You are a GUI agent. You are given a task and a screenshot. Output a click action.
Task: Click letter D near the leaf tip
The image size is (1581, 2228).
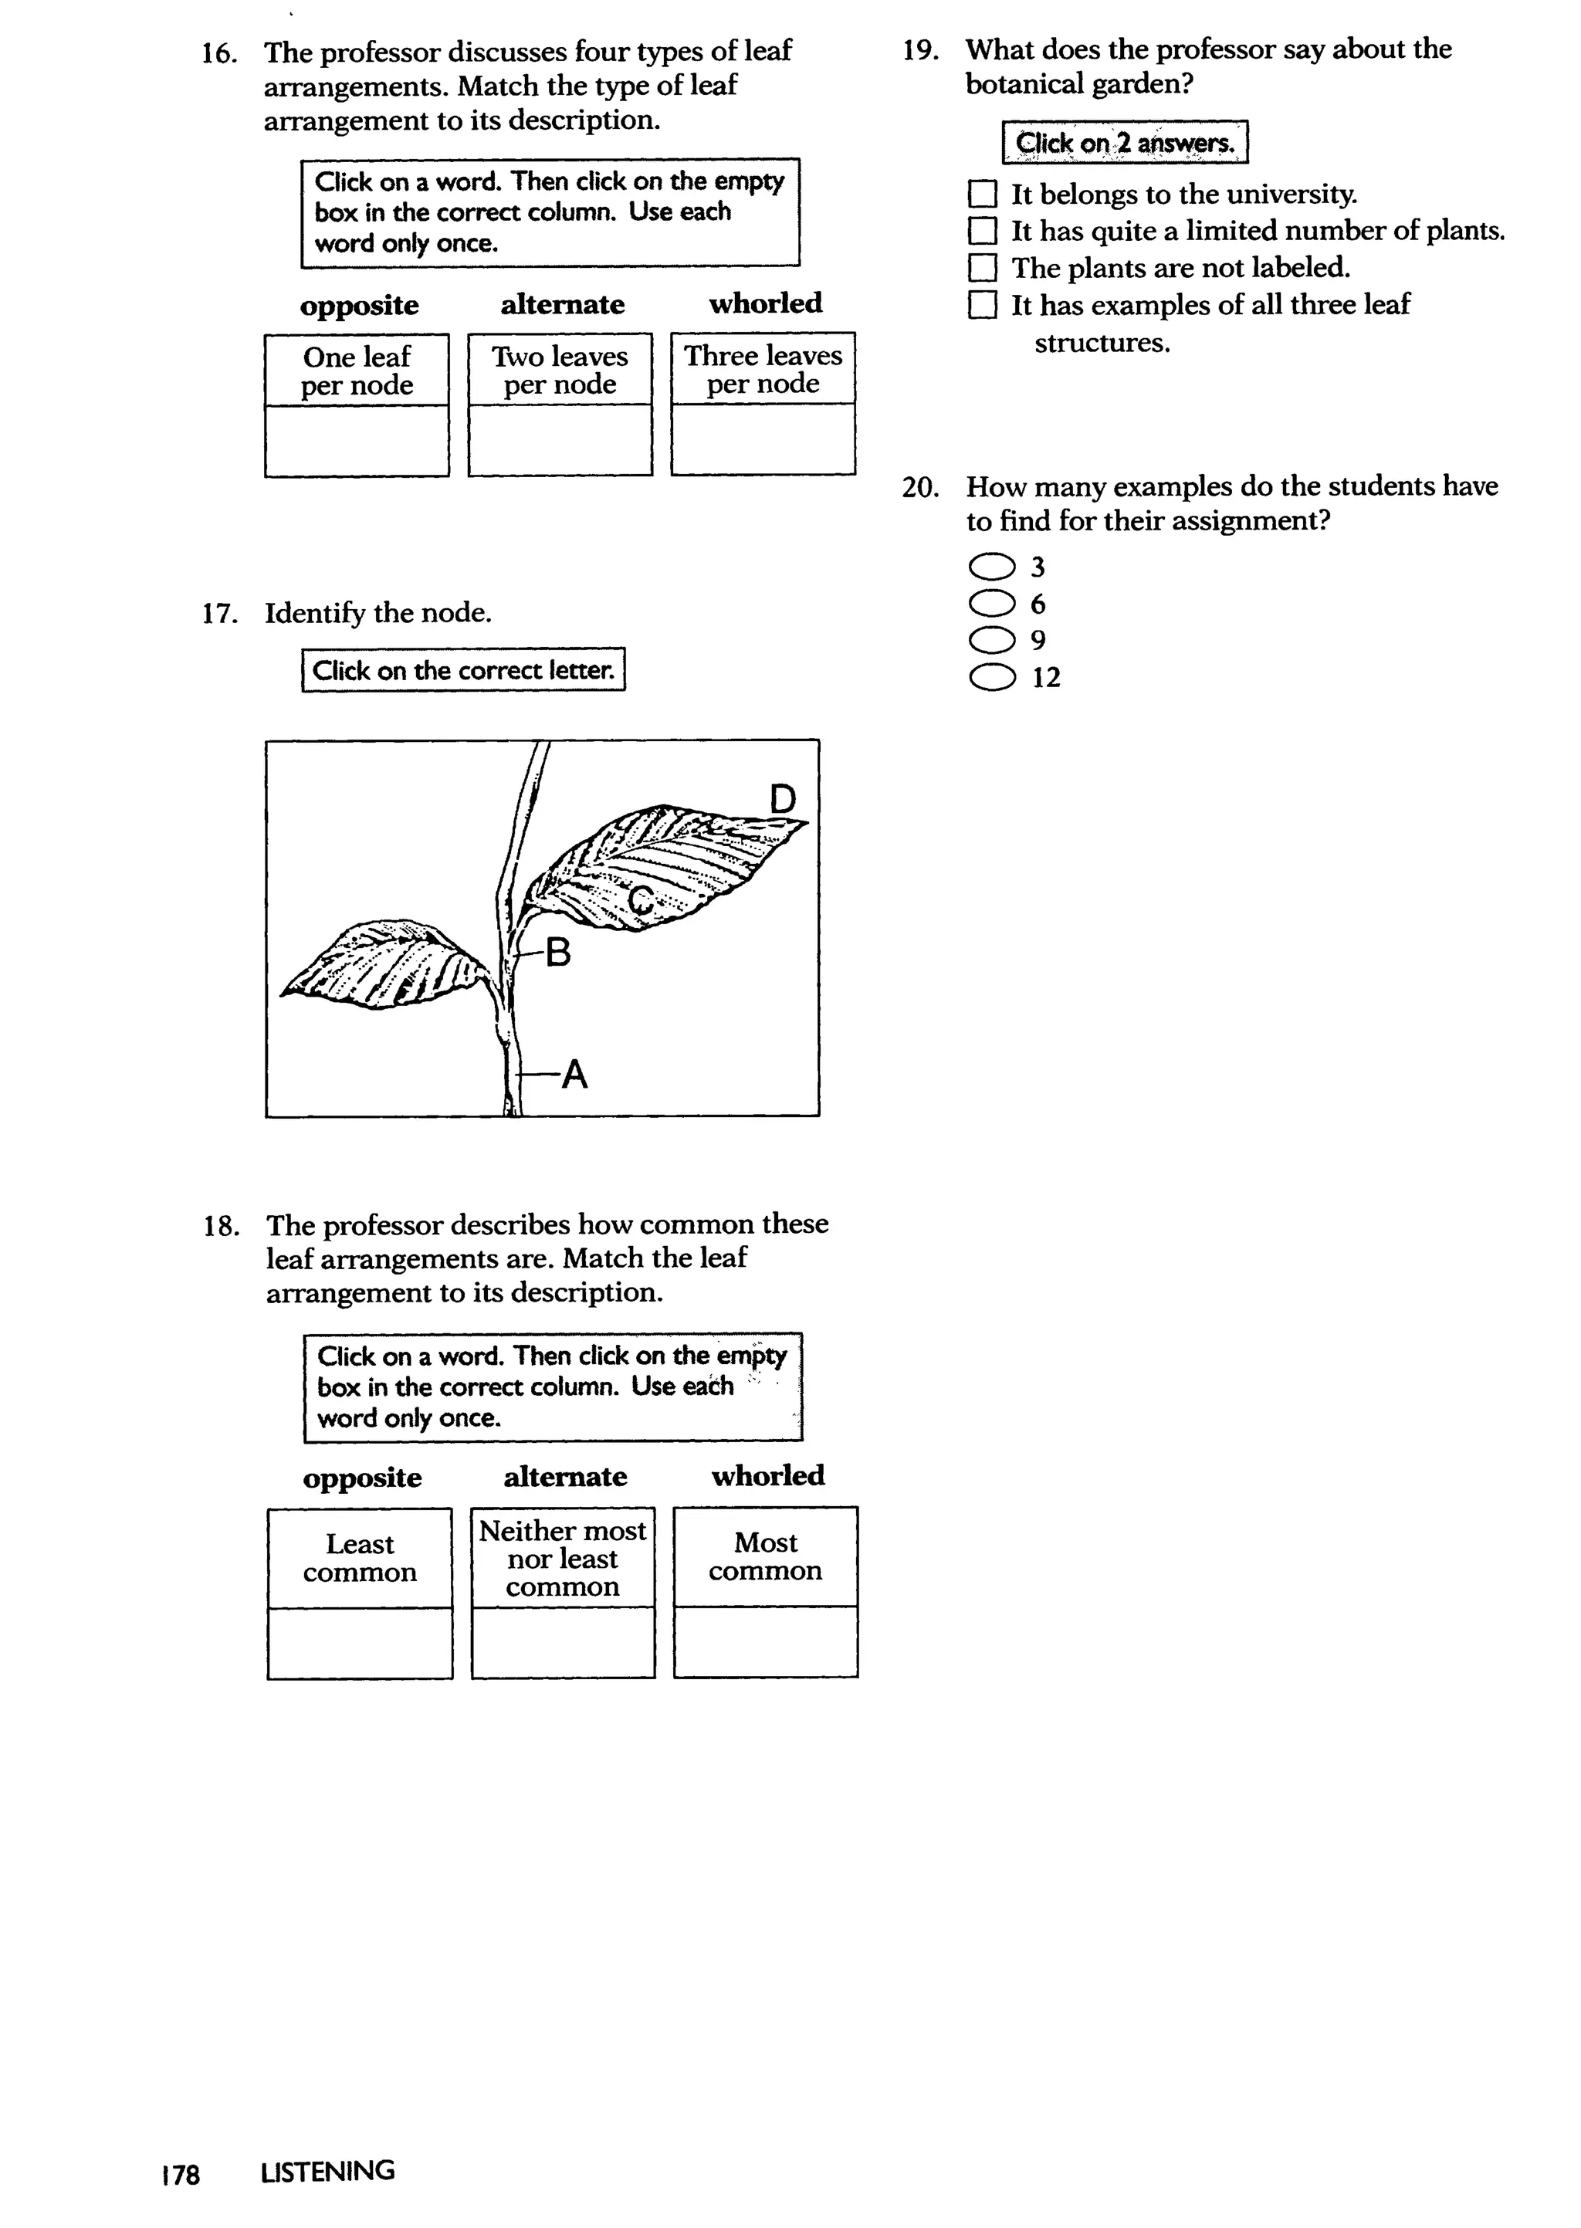pyautogui.click(x=782, y=800)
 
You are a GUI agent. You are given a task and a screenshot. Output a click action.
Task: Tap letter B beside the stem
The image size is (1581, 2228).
pyautogui.click(x=558, y=952)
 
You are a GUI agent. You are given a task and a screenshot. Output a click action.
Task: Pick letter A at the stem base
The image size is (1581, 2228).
pyautogui.click(x=574, y=1075)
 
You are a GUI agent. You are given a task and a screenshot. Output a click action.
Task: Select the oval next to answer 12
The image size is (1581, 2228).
pyautogui.click(x=992, y=678)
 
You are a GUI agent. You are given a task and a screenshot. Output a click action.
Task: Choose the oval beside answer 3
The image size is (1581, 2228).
pyautogui.click(x=992, y=567)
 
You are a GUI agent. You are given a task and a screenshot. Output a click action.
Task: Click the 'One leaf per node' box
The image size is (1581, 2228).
pyautogui.click(x=357, y=371)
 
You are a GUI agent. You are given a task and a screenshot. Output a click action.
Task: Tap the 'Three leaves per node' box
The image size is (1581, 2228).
pyautogui.click(x=763, y=370)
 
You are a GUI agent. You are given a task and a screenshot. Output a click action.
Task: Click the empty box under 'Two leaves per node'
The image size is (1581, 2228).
pyautogui.click(x=560, y=440)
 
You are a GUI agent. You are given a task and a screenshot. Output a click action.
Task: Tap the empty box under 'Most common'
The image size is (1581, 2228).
pyautogui.click(x=765, y=1641)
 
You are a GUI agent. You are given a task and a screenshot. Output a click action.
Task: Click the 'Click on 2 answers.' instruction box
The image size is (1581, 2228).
pyautogui.click(x=1125, y=143)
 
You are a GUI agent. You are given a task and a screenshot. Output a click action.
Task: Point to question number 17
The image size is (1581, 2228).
pyautogui.click(x=220, y=613)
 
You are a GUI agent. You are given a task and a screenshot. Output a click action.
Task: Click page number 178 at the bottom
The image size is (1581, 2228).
pyautogui.click(x=181, y=2173)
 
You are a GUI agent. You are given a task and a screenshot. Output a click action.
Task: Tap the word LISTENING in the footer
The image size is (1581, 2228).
pyautogui.click(x=327, y=2172)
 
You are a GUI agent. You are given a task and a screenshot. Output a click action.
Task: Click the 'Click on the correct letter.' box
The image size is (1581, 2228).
pyautogui.click(x=463, y=671)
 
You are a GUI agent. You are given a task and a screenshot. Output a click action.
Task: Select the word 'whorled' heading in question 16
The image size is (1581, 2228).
pyautogui.click(x=765, y=303)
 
